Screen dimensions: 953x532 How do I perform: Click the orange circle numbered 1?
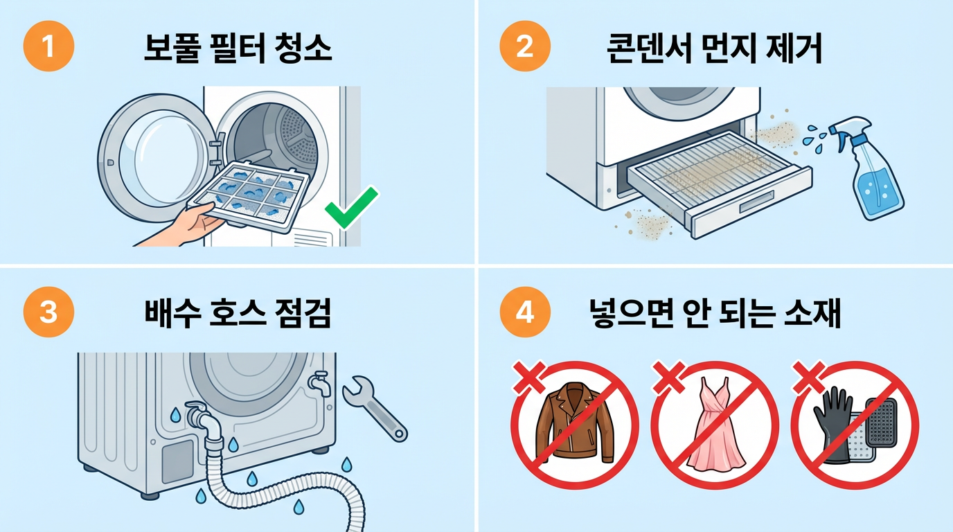click(48, 46)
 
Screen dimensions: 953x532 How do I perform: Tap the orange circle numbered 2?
click(524, 46)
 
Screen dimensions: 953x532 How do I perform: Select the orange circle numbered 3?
click(48, 312)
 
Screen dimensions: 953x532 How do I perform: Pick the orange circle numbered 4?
click(524, 312)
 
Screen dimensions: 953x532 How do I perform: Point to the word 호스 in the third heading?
click(238, 313)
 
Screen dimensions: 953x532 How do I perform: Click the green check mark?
click(351, 208)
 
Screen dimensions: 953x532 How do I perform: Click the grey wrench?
click(375, 408)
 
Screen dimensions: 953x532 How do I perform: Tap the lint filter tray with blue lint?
click(249, 197)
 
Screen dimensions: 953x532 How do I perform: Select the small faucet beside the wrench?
click(319, 383)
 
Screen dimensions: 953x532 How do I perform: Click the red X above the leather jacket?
click(529, 378)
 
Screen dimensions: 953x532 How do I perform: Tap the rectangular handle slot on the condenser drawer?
click(756, 202)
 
